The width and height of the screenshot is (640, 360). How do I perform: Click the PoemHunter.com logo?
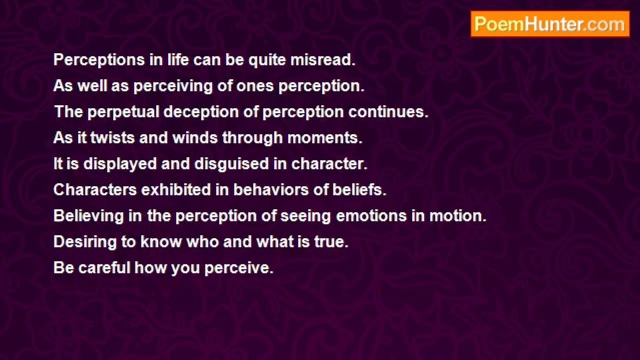550,24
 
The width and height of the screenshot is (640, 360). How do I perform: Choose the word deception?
201,112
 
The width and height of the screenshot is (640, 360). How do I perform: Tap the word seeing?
306,216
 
